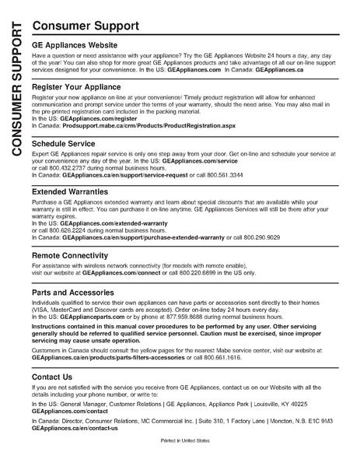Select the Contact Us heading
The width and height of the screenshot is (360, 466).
click(x=54, y=376)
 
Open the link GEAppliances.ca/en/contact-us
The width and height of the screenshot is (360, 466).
click(x=75, y=427)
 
